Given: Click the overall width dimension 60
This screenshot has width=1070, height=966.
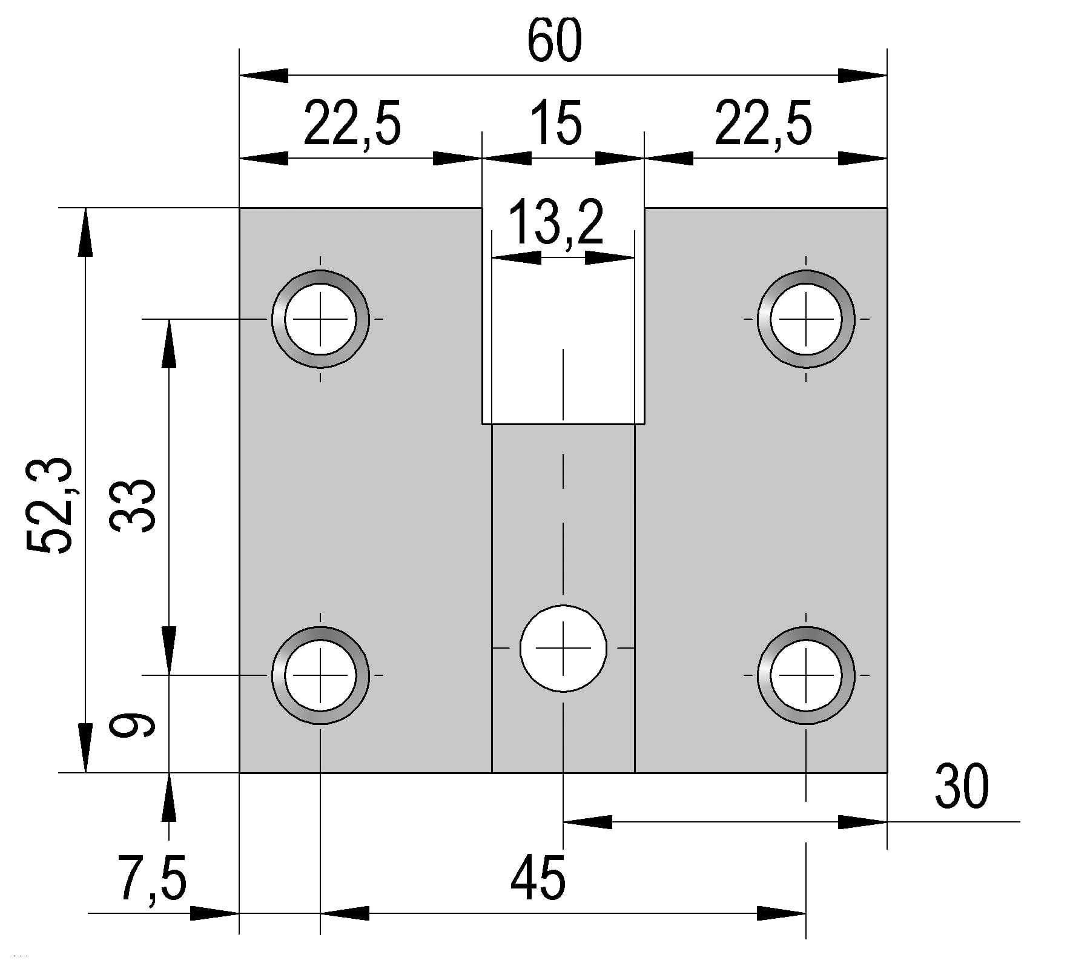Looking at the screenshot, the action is (x=554, y=41).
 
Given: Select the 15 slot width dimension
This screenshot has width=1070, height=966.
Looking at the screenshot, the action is (x=556, y=124).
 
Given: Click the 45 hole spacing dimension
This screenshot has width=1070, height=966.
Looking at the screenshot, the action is (x=538, y=878).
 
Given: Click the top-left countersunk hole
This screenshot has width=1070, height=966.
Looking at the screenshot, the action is (x=320, y=319).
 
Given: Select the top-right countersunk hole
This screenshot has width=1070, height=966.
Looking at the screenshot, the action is (x=806, y=319).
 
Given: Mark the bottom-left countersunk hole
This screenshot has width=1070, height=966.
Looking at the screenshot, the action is (x=320, y=675).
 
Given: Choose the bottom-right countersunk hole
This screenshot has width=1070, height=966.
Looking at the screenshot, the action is (x=806, y=675).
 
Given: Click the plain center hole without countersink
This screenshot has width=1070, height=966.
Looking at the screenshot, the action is (x=563, y=648).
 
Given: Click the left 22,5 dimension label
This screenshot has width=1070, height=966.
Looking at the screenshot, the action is (x=352, y=125).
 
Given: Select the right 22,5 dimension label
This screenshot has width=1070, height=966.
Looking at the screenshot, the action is (x=763, y=125).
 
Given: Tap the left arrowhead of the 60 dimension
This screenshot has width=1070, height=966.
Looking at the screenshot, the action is (x=264, y=76).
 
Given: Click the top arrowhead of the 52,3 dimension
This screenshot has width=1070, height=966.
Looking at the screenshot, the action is (x=86, y=233).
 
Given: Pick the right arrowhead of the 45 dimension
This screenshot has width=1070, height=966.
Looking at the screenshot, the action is (x=782, y=913).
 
